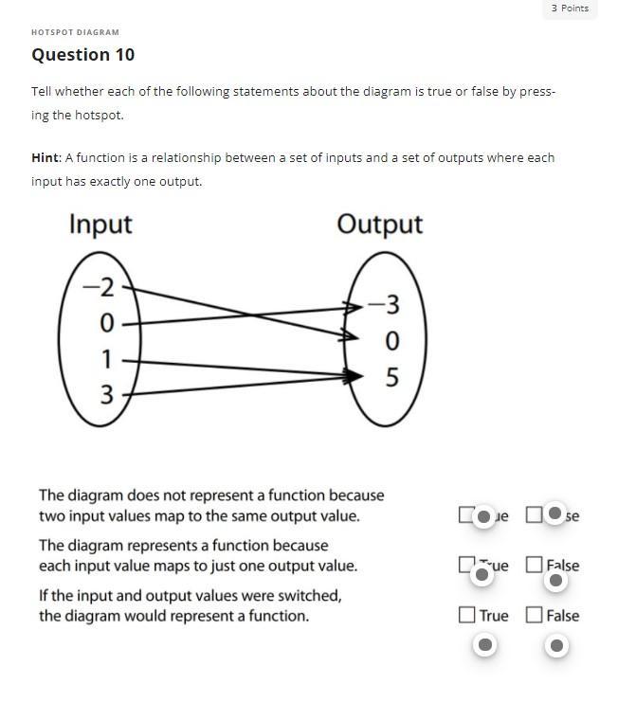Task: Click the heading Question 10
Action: tap(83, 55)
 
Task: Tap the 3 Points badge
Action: tap(570, 9)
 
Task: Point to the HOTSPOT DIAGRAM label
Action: tap(75, 32)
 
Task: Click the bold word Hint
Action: tap(45, 158)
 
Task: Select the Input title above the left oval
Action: tap(100, 225)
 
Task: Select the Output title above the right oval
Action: tap(380, 225)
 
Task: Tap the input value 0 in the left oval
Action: tap(106, 324)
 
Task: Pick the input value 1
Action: tap(106, 359)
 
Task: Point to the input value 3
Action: tap(106, 394)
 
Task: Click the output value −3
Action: tap(384, 305)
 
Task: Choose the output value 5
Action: tap(391, 378)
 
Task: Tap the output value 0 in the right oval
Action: tap(391, 341)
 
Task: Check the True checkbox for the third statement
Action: tap(466, 615)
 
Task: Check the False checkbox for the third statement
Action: tap(535, 615)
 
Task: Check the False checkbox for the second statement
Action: tap(535, 565)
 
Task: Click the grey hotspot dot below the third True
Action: tap(484, 645)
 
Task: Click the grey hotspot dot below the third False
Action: tap(556, 645)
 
